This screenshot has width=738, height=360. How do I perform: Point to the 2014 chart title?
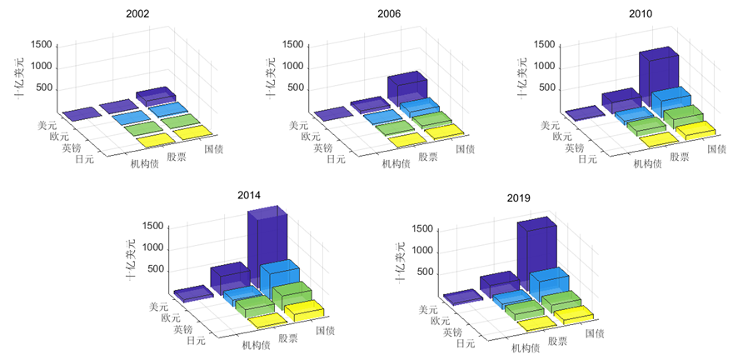pos(248,195)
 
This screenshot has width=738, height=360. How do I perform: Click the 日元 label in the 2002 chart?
pos(84,159)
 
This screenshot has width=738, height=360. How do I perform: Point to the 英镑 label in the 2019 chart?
pos(453,332)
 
